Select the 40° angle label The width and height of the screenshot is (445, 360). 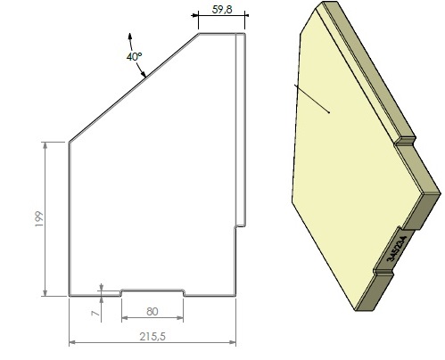134,56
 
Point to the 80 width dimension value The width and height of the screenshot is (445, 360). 152,312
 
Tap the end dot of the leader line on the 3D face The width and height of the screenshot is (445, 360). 330,112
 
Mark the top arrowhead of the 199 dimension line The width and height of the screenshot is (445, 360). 45,143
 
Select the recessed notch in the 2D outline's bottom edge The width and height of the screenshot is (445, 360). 152,290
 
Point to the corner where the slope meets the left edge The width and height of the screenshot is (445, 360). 70,141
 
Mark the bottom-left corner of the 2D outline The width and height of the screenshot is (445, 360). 70,295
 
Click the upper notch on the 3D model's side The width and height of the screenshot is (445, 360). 407,139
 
